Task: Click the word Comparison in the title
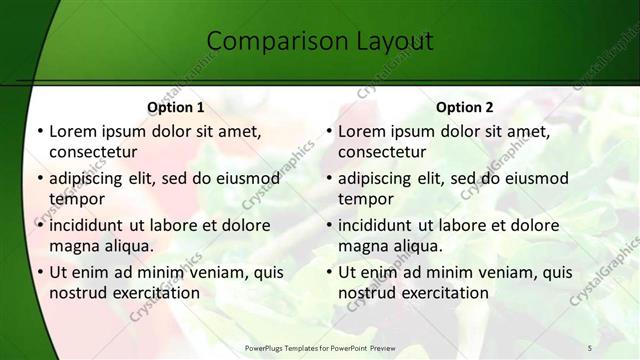pos(269,42)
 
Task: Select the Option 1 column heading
pos(176,107)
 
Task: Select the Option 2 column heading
pos(465,107)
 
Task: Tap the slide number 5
pos(590,347)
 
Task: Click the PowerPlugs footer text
pos(319,347)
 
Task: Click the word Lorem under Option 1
pos(73,131)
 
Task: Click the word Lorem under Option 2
pos(362,131)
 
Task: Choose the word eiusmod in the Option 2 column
pos(536,179)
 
